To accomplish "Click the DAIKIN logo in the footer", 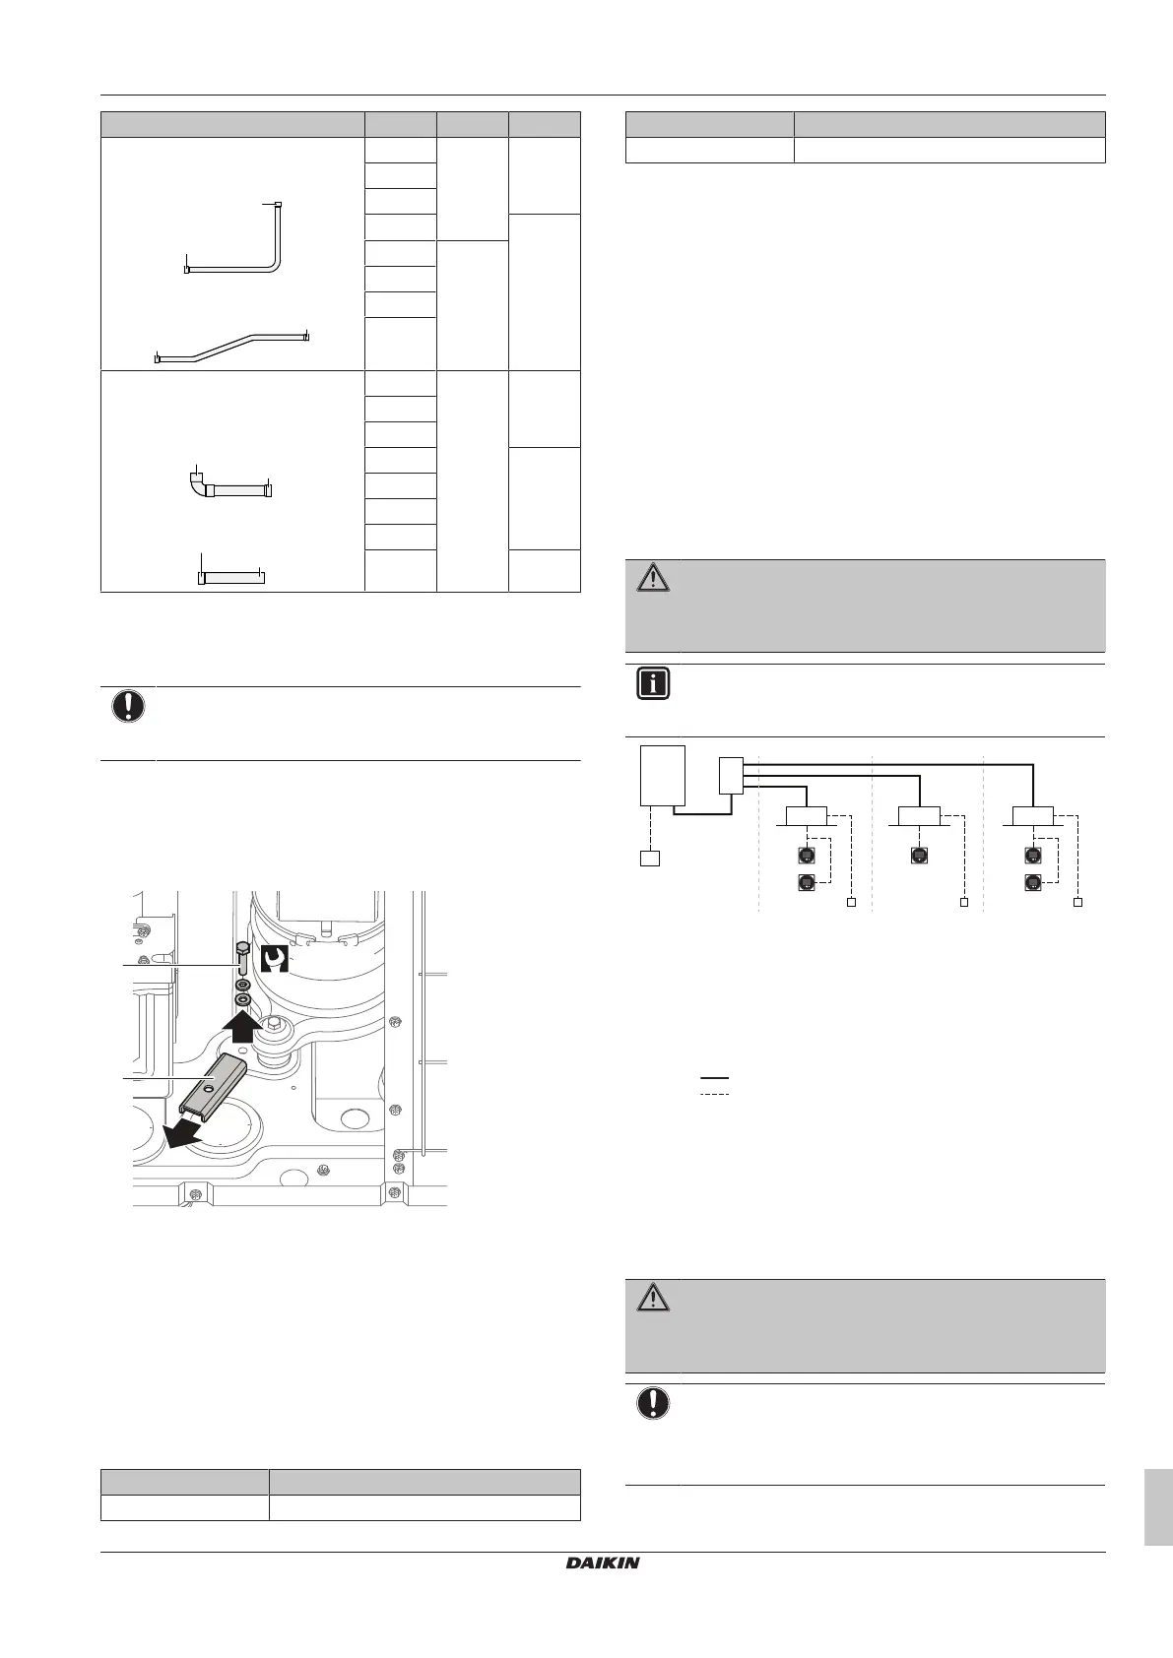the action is pyautogui.click(x=602, y=1562).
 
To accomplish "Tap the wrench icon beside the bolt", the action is pyautogui.click(x=274, y=959).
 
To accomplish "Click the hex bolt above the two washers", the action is pyautogui.click(x=242, y=959).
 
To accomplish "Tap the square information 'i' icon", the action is pyautogui.click(x=652, y=683).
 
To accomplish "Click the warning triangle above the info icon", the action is pyautogui.click(x=652, y=577).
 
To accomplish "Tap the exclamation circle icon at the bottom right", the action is pyautogui.click(x=652, y=1403).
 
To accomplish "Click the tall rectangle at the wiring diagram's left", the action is pyautogui.click(x=662, y=775).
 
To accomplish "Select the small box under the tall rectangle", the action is pyautogui.click(x=649, y=859).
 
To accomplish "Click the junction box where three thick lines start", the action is pyautogui.click(x=731, y=776).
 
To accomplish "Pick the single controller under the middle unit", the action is pyautogui.click(x=919, y=856).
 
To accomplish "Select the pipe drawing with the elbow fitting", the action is pyautogui.click(x=230, y=482).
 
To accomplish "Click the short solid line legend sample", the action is pyautogui.click(x=714, y=1078).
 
